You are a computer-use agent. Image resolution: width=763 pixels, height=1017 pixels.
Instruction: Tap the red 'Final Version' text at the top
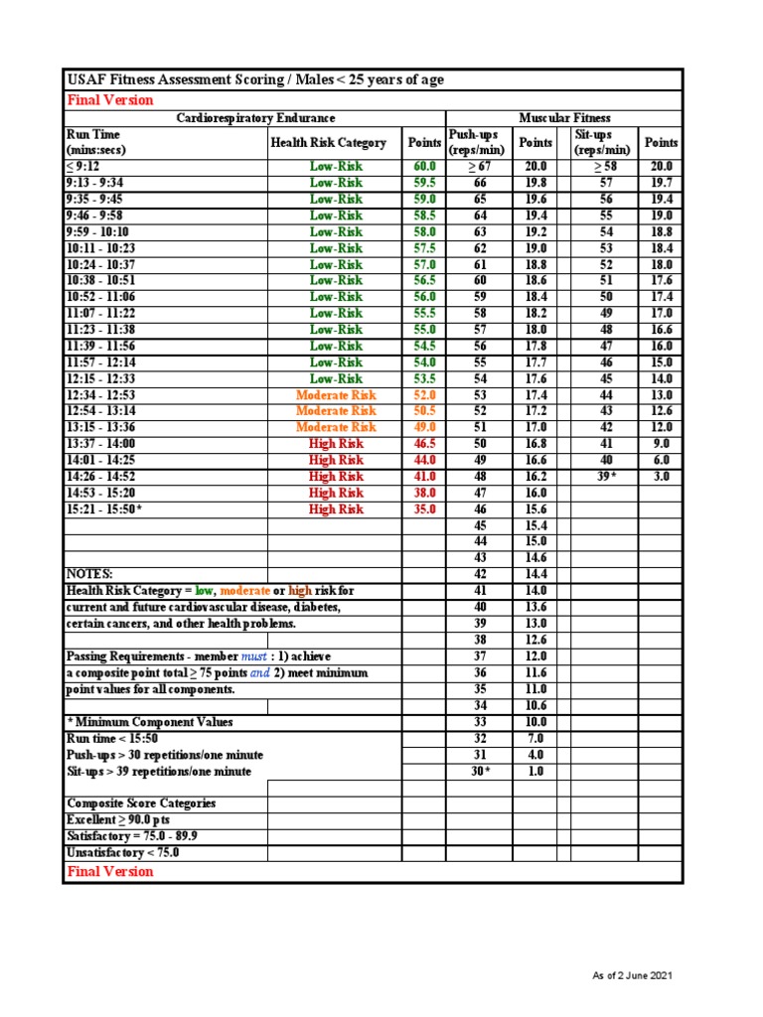pyautogui.click(x=109, y=99)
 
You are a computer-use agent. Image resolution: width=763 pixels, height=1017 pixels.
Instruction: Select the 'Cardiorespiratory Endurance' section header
pyautogui.click(x=255, y=118)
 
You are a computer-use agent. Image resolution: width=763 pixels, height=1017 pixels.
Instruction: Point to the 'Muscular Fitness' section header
pyautogui.click(x=563, y=118)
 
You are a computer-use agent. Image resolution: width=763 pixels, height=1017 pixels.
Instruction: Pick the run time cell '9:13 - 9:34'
pyautogui.click(x=95, y=183)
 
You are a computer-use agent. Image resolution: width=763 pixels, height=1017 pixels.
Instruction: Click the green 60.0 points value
pyautogui.click(x=424, y=167)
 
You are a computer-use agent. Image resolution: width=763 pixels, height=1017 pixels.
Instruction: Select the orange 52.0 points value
pyautogui.click(x=424, y=394)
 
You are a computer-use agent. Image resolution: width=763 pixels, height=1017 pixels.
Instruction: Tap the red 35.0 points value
pyautogui.click(x=424, y=508)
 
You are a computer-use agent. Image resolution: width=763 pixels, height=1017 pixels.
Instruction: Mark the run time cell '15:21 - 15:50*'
pyautogui.click(x=104, y=508)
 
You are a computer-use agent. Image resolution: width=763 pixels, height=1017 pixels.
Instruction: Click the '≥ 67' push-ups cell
pyautogui.click(x=480, y=167)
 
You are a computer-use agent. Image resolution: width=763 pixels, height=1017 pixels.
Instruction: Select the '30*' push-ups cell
pyautogui.click(x=480, y=771)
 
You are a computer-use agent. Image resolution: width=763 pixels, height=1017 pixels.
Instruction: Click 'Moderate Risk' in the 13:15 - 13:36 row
pyautogui.click(x=336, y=427)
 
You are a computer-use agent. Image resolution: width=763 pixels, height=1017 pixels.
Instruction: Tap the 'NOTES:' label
pyautogui.click(x=89, y=574)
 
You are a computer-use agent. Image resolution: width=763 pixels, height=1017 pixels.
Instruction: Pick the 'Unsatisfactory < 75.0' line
pyautogui.click(x=122, y=852)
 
